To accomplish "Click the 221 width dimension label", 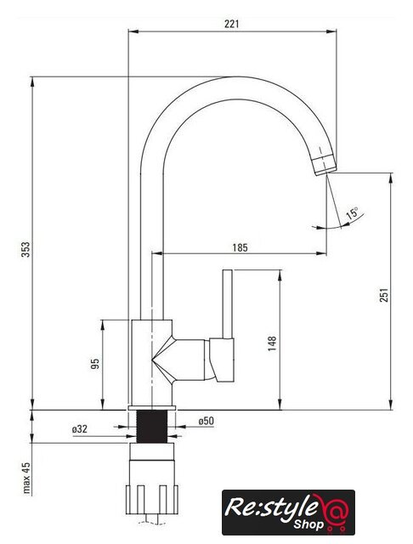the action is (232, 24).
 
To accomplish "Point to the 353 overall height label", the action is (26, 249).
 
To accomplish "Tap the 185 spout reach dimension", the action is (240, 247).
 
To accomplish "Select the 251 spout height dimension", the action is (384, 295).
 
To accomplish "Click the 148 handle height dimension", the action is (272, 343).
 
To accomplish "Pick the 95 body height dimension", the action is (94, 364).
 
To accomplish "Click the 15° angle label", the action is (352, 212).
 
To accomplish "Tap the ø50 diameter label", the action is (206, 422).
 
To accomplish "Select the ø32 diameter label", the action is (80, 429).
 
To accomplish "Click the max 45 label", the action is (26, 478).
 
